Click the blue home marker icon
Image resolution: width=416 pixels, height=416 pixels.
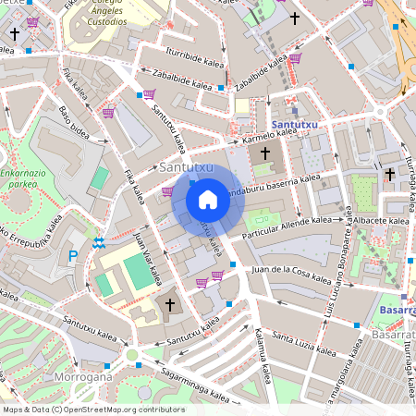click(208, 199)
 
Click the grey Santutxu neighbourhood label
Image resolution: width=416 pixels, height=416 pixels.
click(186, 167)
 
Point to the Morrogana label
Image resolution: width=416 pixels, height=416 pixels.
click(85, 376)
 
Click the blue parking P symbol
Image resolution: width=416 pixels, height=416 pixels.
click(74, 255)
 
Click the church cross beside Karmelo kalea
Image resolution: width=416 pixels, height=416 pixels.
click(265, 153)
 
